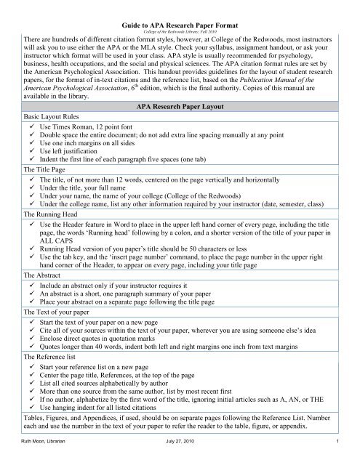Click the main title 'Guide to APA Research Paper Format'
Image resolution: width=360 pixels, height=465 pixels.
point(180,6)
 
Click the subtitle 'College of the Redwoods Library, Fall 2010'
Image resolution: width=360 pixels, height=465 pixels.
point(180,14)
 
